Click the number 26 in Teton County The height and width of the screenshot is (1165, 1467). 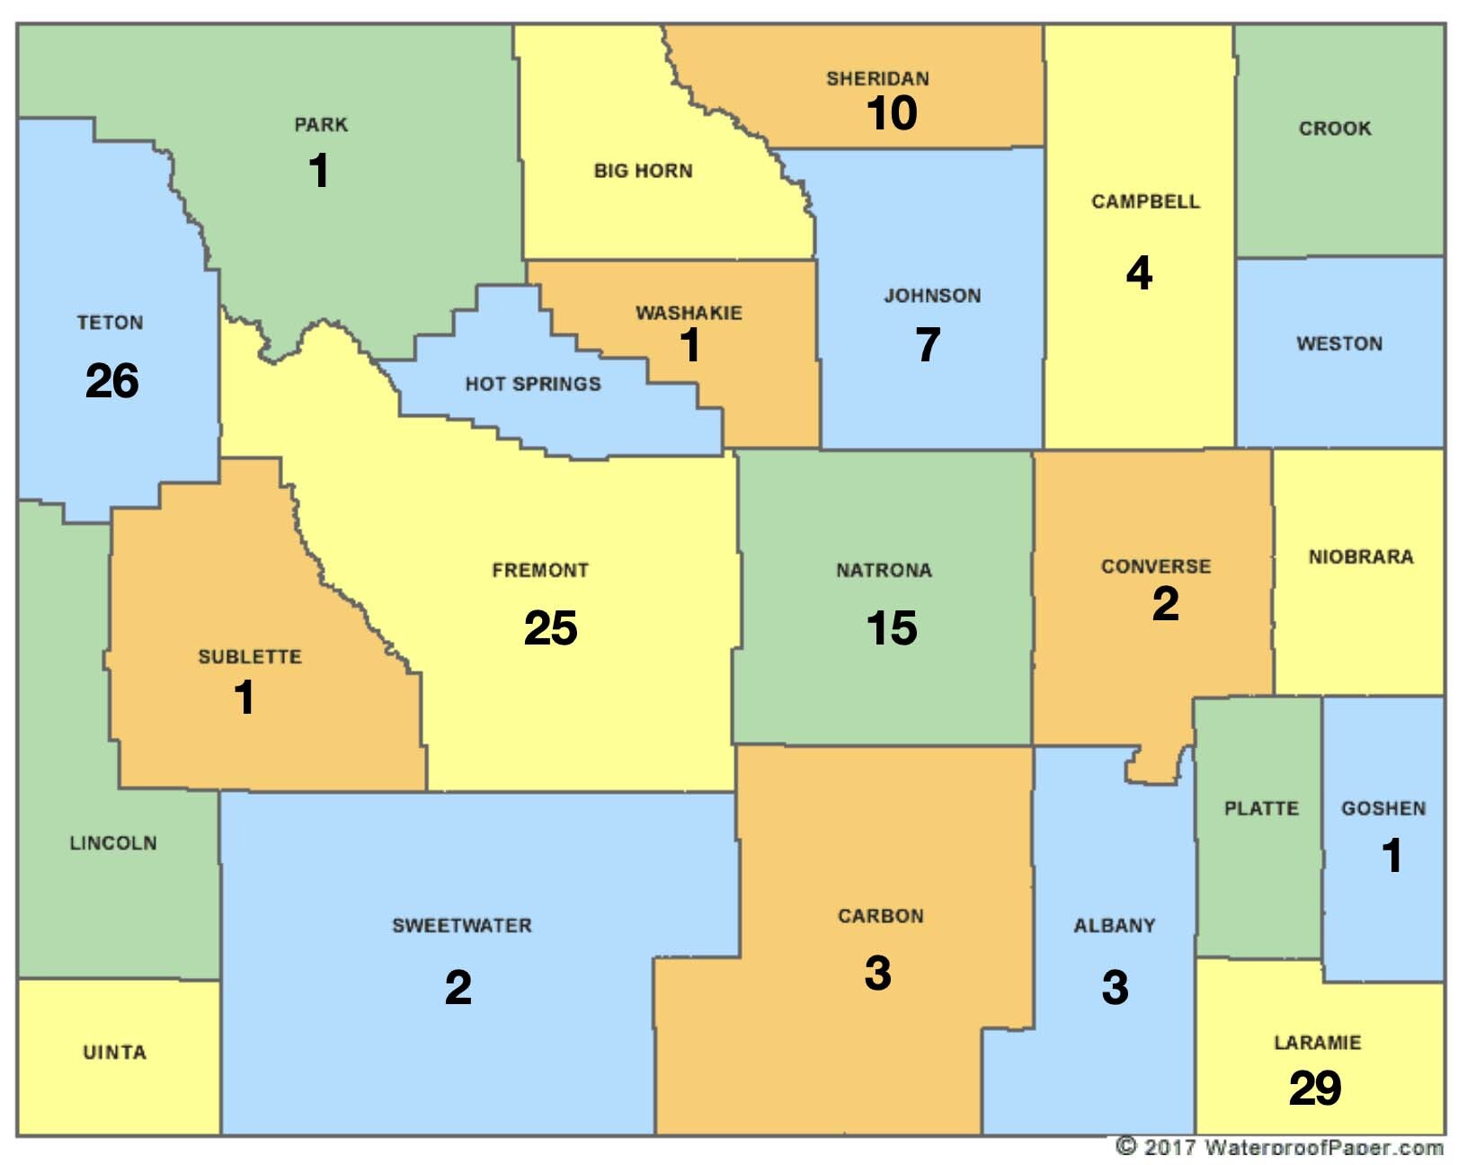[111, 380]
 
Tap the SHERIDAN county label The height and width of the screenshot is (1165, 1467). [877, 78]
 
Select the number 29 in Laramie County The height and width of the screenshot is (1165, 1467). [1314, 1088]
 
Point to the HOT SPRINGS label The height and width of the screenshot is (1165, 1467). [532, 384]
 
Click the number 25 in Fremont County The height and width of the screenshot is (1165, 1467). [550, 627]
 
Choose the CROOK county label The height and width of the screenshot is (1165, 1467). [1335, 129]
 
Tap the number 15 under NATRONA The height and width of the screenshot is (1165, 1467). [891, 627]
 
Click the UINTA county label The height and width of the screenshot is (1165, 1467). [114, 1052]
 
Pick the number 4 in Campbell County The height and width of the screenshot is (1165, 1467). [1139, 272]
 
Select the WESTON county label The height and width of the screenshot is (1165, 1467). [1338, 343]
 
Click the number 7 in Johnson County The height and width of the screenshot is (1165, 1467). [928, 344]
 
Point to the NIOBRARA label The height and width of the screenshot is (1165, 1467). [1360, 556]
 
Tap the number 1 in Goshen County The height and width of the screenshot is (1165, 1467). [1391, 855]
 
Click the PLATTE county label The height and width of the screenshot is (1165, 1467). [1261, 808]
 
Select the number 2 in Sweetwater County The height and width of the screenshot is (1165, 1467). [458, 987]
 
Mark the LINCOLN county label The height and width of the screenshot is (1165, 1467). [113, 843]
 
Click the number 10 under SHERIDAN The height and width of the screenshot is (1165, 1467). [891, 113]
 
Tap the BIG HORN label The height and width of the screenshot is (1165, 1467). [643, 171]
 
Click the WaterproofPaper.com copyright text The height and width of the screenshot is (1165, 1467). [1279, 1147]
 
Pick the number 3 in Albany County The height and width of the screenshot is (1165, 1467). [1115, 987]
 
